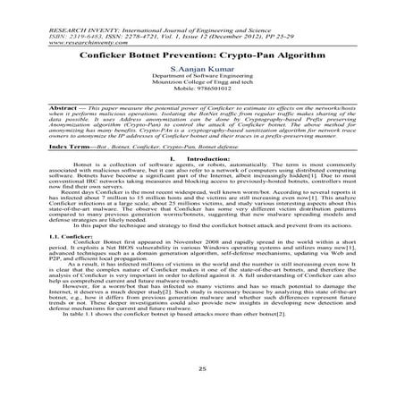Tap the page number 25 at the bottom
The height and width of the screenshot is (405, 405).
pyautogui.click(x=202, y=367)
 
